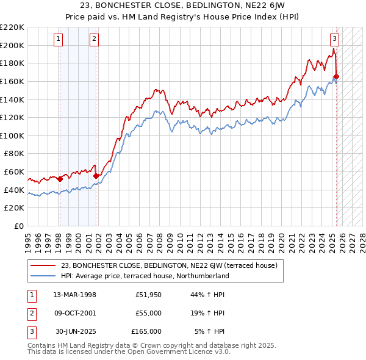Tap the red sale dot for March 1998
[60, 179]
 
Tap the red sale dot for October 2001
[96, 176]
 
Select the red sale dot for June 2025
[337, 76]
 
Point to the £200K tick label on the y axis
[12, 45]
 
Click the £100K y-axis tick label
[12, 135]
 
